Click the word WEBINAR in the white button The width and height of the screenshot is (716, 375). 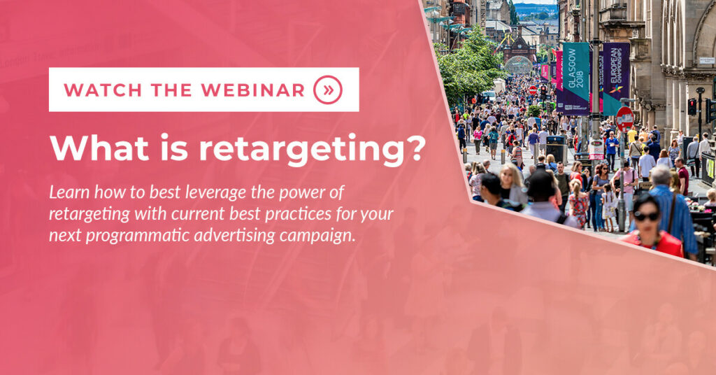(x=253, y=90)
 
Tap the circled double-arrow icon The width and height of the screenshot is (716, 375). (x=328, y=90)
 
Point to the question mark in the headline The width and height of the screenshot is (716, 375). (x=417, y=147)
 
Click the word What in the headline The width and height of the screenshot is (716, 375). (x=99, y=147)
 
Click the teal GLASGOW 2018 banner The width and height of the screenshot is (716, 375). (x=575, y=78)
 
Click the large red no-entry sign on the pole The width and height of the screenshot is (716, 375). (x=624, y=120)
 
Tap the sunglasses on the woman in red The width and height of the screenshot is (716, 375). (x=646, y=215)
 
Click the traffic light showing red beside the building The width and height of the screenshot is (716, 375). (x=692, y=107)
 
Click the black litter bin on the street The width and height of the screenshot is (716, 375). (x=555, y=149)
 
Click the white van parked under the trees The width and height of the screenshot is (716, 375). (x=489, y=96)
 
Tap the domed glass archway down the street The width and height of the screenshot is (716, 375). (x=518, y=65)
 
